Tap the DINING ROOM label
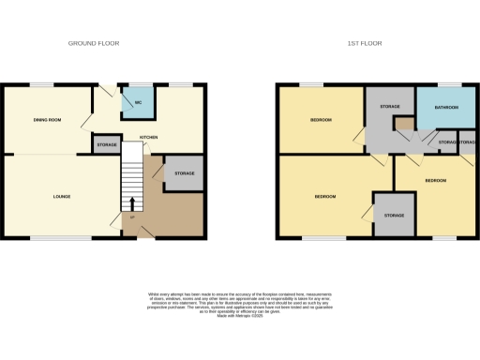(x=46, y=121)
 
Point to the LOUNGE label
(x=61, y=196)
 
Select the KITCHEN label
(x=148, y=137)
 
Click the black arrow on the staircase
(x=132, y=203)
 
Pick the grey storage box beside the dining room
(x=106, y=144)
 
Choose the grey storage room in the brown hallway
(x=184, y=173)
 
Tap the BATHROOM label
(x=446, y=108)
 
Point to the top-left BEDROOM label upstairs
(x=321, y=120)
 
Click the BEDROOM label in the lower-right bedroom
(x=436, y=179)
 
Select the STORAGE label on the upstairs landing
(x=390, y=107)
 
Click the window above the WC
(x=137, y=86)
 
